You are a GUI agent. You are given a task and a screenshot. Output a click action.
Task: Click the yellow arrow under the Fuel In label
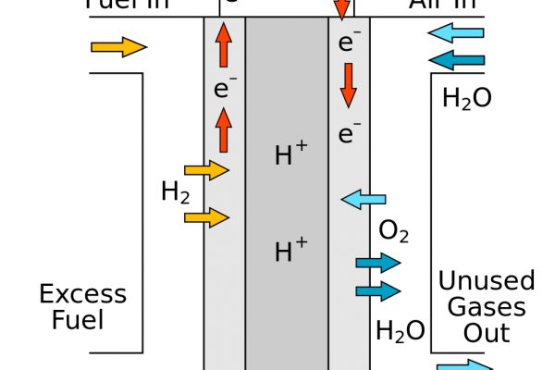click(x=119, y=47)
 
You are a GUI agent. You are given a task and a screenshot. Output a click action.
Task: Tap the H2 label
click(x=176, y=192)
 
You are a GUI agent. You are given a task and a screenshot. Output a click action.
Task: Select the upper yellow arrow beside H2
click(x=206, y=170)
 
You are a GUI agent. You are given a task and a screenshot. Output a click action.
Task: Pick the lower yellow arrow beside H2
click(x=206, y=217)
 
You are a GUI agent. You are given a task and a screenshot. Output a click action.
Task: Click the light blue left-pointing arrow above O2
click(x=363, y=198)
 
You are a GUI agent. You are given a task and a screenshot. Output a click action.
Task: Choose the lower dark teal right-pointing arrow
click(x=378, y=291)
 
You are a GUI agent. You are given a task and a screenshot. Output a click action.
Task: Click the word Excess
click(x=82, y=295)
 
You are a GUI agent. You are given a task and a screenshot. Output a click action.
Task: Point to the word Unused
click(x=487, y=281)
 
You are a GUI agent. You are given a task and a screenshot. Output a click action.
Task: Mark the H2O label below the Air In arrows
click(x=468, y=98)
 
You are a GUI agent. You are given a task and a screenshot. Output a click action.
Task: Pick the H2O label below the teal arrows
click(x=401, y=330)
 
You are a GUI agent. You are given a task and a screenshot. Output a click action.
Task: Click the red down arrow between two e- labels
click(x=348, y=86)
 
